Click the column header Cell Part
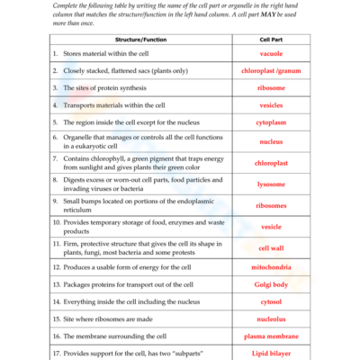tap(271, 40)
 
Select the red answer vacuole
tap(271, 55)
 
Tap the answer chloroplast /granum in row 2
tap(271, 71)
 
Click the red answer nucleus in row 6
tap(271, 141)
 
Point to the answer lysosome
tap(271, 184)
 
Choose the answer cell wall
tap(271, 248)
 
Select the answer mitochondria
tap(271, 268)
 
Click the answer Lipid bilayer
tap(271, 353)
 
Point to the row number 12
tap(56, 268)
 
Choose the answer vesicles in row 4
tap(271, 104)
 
